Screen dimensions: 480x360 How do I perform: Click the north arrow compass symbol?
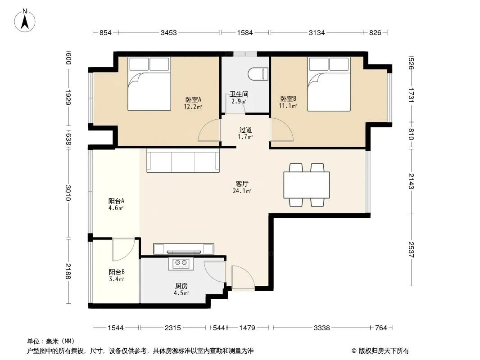point(25,21)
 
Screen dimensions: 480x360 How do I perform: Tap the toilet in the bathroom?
point(258,74)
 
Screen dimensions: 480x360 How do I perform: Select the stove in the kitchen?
point(181,264)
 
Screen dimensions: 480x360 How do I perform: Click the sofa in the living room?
point(183,161)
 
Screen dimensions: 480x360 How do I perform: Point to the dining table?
point(307,185)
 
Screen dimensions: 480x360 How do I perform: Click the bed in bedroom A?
point(149,84)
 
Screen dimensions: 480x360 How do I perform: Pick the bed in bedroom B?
point(329,84)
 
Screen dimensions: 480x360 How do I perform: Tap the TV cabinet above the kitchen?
point(183,249)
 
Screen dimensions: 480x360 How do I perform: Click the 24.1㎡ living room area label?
point(242,191)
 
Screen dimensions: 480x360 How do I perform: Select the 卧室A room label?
point(193,99)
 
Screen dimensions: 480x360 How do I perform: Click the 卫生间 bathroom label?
point(239,94)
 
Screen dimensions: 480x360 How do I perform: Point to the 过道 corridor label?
point(245,130)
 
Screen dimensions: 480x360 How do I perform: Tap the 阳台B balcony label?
point(116,272)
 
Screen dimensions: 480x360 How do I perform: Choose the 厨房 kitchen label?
point(181,286)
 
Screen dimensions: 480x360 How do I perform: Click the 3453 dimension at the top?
point(169,32)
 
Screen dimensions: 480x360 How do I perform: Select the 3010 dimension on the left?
point(68,193)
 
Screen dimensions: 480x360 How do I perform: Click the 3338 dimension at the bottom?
point(322,328)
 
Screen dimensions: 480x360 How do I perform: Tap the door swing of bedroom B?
point(281,130)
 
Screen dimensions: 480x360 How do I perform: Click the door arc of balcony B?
point(124,249)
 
